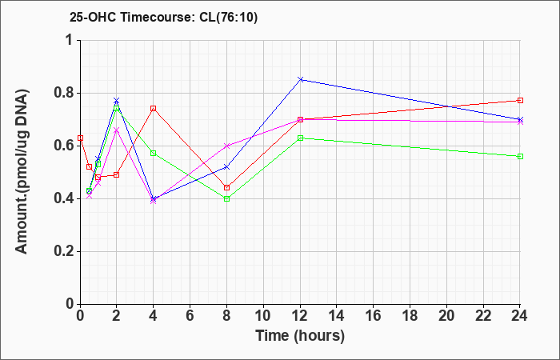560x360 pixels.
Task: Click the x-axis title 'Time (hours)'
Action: [300, 335]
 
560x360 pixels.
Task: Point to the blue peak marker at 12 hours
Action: [300, 79]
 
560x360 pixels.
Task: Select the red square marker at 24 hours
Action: [521, 100]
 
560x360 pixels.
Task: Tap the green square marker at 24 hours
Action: [521, 156]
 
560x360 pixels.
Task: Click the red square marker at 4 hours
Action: [153, 108]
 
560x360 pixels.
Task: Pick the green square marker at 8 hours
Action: [226, 198]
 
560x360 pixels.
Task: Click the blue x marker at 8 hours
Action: [226, 166]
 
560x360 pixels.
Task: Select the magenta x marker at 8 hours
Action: [226, 146]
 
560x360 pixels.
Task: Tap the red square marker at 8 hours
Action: [226, 187]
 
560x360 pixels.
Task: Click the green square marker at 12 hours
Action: [300, 138]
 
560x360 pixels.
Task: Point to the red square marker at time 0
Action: [80, 138]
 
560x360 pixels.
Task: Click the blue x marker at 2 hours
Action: [116, 100]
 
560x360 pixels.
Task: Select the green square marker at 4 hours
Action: [153, 153]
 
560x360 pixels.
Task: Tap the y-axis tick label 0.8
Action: [63, 93]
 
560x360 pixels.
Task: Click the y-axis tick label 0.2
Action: [63, 251]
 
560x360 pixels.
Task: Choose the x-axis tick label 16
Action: [374, 316]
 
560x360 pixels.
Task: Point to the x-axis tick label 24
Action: [521, 316]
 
